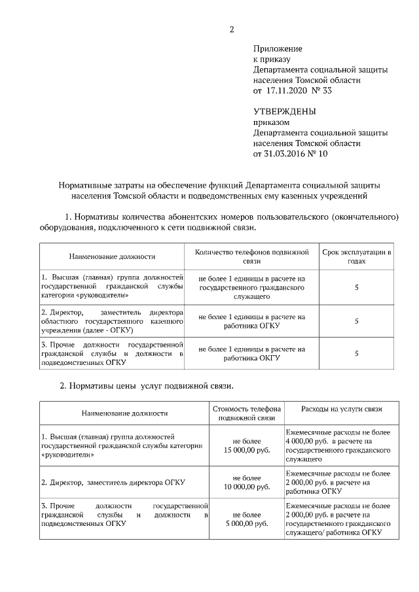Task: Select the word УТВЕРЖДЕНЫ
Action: (x=284, y=111)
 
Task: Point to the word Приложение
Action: (x=278, y=48)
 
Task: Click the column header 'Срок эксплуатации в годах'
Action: (x=357, y=256)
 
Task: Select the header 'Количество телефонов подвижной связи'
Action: (x=252, y=256)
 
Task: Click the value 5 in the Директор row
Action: (x=357, y=321)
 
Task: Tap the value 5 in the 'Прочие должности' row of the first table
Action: (x=357, y=353)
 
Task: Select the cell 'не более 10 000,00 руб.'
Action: (x=246, y=483)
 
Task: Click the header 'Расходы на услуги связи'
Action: (x=341, y=409)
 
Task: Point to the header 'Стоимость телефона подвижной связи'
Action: (x=246, y=413)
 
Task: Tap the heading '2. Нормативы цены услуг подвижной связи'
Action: (x=147, y=385)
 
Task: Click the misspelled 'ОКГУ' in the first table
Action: (x=270, y=358)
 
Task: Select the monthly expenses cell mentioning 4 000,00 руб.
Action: (x=338, y=446)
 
